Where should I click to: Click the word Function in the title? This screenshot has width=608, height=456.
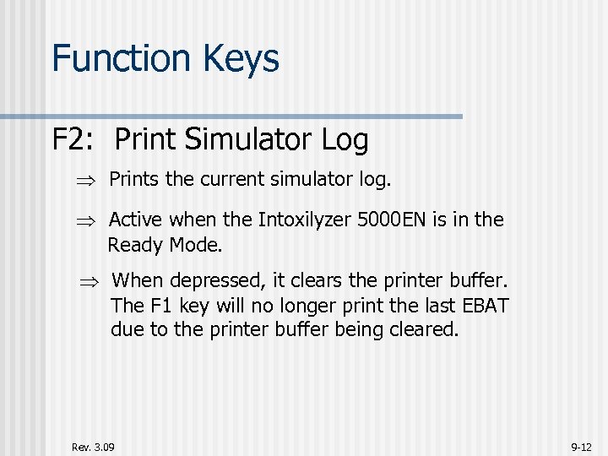point(121,58)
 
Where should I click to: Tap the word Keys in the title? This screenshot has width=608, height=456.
point(240,58)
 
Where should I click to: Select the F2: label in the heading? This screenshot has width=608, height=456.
point(75,139)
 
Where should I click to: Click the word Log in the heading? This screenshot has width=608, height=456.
point(345,140)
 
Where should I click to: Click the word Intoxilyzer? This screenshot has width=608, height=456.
point(305,220)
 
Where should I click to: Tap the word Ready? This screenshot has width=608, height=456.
point(136,245)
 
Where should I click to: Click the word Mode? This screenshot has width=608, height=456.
point(197,245)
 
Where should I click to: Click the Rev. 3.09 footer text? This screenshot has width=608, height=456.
point(93,446)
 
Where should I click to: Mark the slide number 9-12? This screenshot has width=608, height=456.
point(581,446)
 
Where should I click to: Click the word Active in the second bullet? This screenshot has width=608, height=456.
point(137,220)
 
